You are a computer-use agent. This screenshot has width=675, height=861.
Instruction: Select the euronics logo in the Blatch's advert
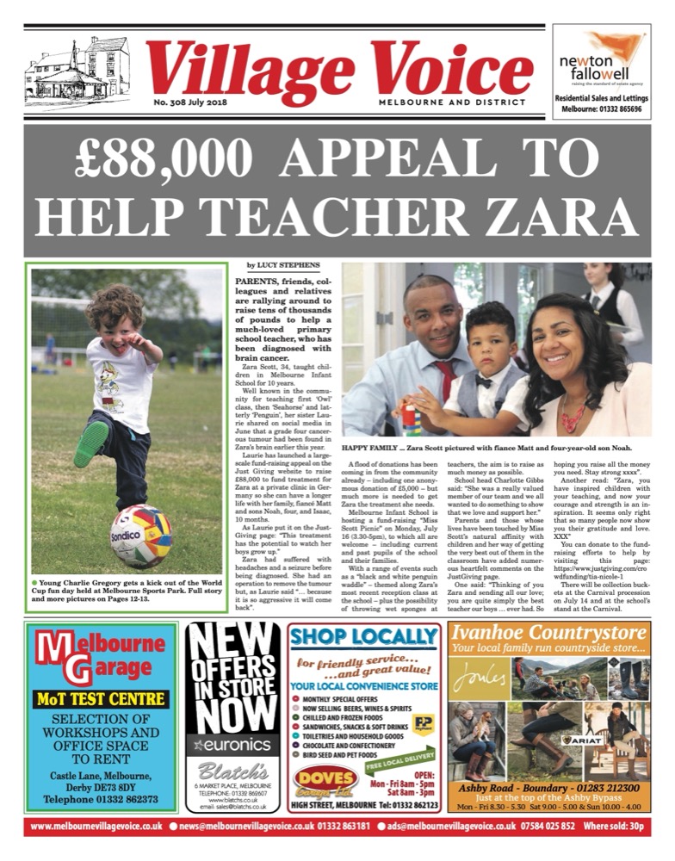[231, 742]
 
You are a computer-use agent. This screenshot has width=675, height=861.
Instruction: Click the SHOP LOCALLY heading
[365, 638]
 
